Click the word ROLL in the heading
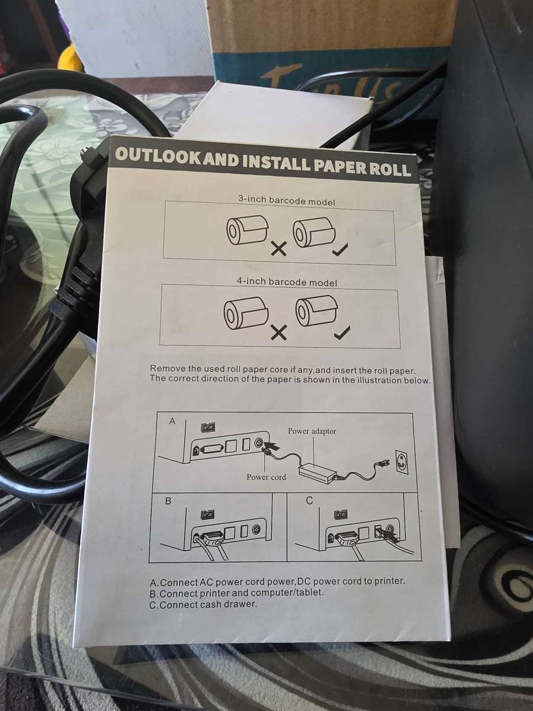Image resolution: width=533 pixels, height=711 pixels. pyautogui.click(x=387, y=169)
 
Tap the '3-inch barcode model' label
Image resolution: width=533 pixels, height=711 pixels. pyautogui.click(x=286, y=201)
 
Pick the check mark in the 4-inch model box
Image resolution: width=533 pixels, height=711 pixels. pyautogui.click(x=342, y=333)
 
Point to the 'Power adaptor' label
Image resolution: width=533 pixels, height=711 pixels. pyautogui.click(x=312, y=431)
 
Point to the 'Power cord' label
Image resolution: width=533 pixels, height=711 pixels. pyautogui.click(x=266, y=477)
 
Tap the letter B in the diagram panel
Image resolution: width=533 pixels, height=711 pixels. pyautogui.click(x=168, y=501)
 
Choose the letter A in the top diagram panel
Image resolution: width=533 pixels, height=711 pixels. pyautogui.click(x=172, y=421)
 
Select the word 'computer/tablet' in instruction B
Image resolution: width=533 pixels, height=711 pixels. pyautogui.click(x=290, y=593)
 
